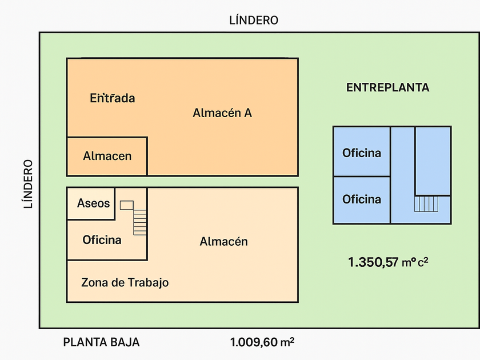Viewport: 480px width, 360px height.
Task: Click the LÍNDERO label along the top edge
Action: click(253, 21)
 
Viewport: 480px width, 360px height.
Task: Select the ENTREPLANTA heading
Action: click(387, 88)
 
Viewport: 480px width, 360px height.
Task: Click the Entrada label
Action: click(113, 98)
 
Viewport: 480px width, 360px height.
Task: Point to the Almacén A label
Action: click(222, 113)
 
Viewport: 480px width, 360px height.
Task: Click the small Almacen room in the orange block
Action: click(107, 156)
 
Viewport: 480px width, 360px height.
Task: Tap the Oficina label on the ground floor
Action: click(102, 240)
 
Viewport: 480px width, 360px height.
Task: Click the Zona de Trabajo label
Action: click(125, 282)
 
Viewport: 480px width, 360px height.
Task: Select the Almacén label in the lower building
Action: click(223, 242)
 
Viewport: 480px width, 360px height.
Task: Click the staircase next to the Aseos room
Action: click(139, 222)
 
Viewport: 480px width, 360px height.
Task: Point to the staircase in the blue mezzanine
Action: click(426, 204)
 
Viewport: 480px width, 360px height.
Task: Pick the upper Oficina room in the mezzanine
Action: click(361, 153)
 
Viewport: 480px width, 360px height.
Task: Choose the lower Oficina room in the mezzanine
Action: click(361, 199)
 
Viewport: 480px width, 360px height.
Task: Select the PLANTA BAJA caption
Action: click(101, 343)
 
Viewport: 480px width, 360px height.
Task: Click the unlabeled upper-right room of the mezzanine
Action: click(433, 161)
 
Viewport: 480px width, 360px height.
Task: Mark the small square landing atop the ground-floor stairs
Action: click(126, 205)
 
